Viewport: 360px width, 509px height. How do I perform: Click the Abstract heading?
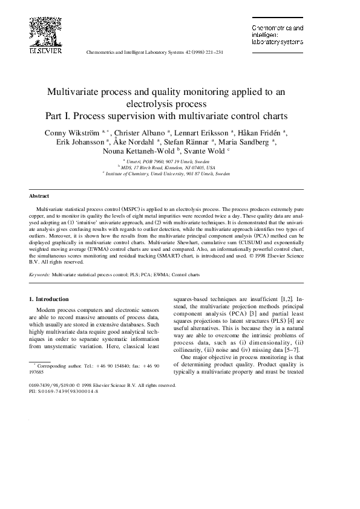[x=39, y=196]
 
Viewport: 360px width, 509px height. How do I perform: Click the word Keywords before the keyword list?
[x=39, y=274]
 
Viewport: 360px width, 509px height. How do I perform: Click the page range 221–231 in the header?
[x=212, y=53]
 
